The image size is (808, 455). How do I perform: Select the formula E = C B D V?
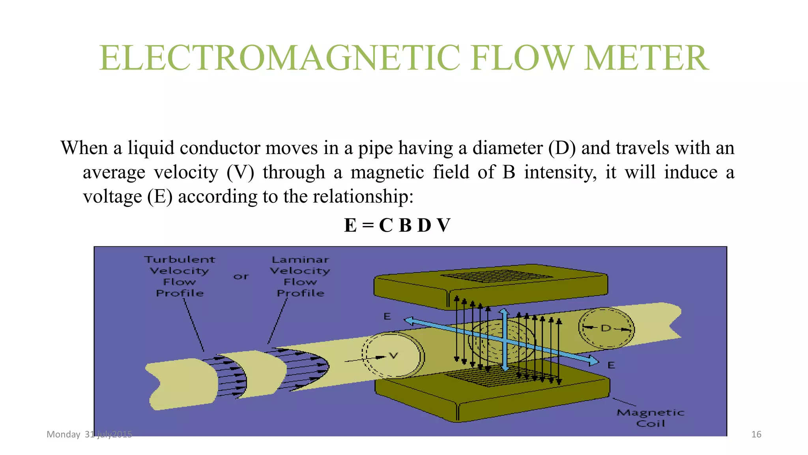pyautogui.click(x=397, y=225)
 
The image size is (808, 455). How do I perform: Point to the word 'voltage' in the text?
pyautogui.click(x=112, y=197)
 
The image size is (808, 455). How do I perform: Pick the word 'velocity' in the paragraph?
pyautogui.click(x=186, y=173)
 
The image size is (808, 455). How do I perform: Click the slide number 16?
pyautogui.click(x=756, y=434)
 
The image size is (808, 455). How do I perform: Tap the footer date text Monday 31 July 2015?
pyautogui.click(x=89, y=434)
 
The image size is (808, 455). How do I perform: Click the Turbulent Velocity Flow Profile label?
pyautogui.click(x=180, y=276)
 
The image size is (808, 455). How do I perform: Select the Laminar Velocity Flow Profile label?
pyautogui.click(x=300, y=276)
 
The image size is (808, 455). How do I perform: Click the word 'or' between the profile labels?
pyautogui.click(x=241, y=276)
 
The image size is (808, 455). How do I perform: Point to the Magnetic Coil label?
pyautogui.click(x=650, y=418)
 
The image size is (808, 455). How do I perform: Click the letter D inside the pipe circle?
pyautogui.click(x=606, y=328)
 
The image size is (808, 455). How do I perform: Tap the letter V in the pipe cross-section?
pyautogui.click(x=393, y=355)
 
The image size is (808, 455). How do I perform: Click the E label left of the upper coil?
pyautogui.click(x=387, y=316)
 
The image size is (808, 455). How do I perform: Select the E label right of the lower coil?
pyautogui.click(x=611, y=365)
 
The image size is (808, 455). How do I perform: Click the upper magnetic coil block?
pyautogui.click(x=489, y=284)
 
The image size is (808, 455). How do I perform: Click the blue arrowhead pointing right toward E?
pyautogui.click(x=593, y=360)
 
